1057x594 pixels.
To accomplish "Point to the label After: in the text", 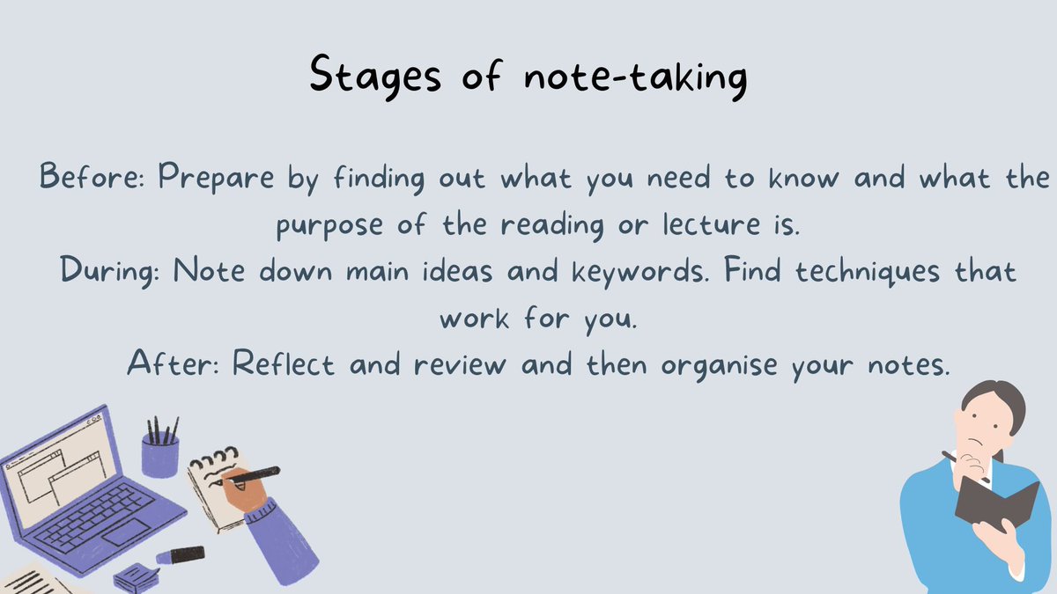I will click(x=174, y=363).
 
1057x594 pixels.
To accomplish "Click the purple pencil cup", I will click(x=160, y=454).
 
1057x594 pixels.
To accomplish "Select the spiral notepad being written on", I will click(x=211, y=493).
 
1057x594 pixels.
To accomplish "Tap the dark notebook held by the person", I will click(x=995, y=502).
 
